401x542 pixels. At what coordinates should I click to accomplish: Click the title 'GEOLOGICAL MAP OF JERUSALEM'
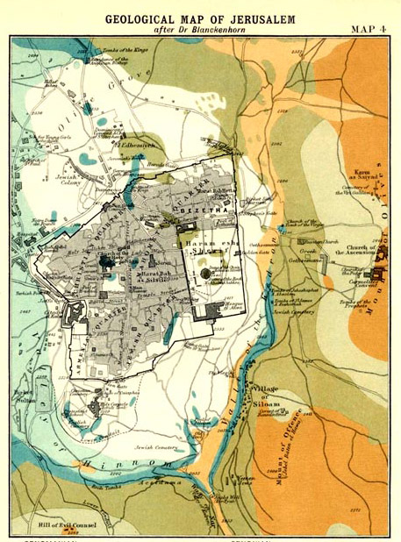200,16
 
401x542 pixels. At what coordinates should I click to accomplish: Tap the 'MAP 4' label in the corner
371,28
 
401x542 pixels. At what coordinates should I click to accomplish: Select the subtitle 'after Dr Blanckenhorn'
201,29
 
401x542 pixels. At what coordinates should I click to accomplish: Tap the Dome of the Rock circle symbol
204,274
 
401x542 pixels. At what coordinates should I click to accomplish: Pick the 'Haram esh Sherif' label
207,248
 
